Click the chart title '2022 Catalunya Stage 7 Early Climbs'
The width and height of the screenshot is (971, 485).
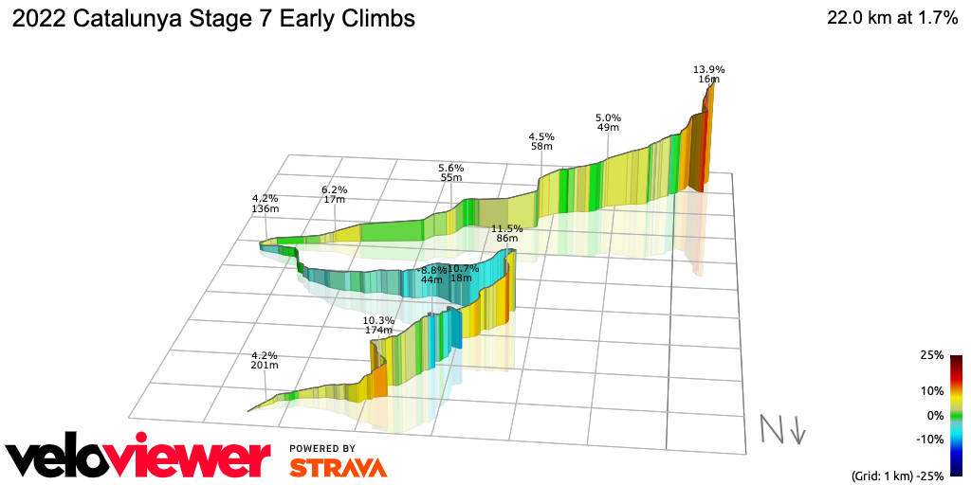212,19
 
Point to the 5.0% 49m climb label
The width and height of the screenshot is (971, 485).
608,121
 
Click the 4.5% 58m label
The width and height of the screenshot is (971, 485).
540,141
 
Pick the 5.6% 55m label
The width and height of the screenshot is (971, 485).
450,171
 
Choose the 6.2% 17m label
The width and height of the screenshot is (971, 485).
334,193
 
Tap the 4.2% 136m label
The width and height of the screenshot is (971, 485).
260,203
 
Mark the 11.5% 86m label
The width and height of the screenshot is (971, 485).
507,233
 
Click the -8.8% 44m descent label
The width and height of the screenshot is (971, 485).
432,275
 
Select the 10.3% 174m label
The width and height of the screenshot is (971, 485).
378,325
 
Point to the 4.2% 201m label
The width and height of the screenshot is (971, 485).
264,360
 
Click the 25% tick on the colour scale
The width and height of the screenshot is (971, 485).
931,355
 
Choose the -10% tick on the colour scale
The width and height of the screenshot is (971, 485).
929,439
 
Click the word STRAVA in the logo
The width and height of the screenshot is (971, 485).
338,468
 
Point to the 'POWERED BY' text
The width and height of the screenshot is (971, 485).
322,448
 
